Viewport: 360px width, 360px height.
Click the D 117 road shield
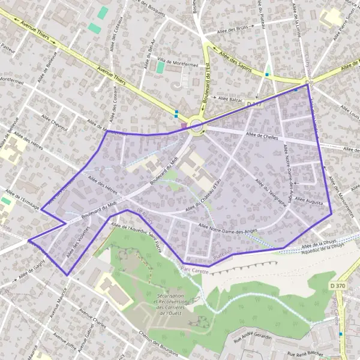click(x=254, y=104)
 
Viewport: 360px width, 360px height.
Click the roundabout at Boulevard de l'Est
click(x=195, y=125)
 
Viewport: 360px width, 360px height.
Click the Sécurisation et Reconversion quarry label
click(x=177, y=302)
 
